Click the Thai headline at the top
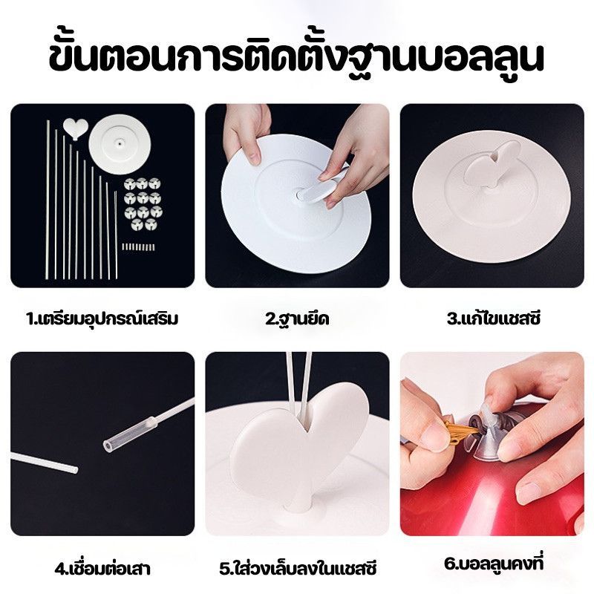(296, 59)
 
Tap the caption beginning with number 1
(102, 319)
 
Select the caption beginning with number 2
(297, 319)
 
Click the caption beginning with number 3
(493, 319)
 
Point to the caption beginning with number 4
(102, 568)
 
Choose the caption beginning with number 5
(298, 568)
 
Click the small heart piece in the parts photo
(76, 128)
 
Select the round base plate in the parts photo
(120, 143)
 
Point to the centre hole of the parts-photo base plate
(120, 144)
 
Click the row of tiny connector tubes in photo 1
(138, 247)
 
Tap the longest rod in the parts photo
(48, 200)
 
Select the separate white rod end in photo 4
(45, 463)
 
